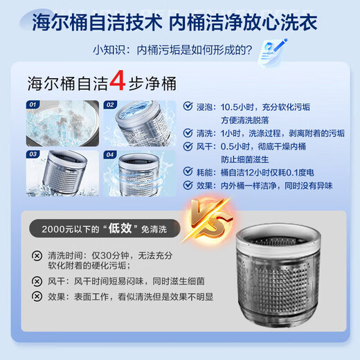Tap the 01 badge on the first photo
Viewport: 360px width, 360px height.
33,105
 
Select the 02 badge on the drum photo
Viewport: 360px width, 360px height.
109,105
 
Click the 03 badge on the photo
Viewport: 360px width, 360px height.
33,154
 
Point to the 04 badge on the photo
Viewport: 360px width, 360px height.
111,154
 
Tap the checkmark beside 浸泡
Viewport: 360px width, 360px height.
189,107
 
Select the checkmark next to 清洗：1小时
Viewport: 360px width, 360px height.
189,133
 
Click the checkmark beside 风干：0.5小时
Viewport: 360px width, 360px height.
189,146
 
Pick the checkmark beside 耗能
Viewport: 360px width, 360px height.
189,172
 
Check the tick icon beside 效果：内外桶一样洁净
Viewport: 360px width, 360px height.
189,185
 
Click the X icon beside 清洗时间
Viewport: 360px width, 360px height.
37,254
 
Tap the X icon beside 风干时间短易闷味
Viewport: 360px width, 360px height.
37,281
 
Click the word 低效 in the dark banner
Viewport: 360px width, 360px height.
114,228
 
